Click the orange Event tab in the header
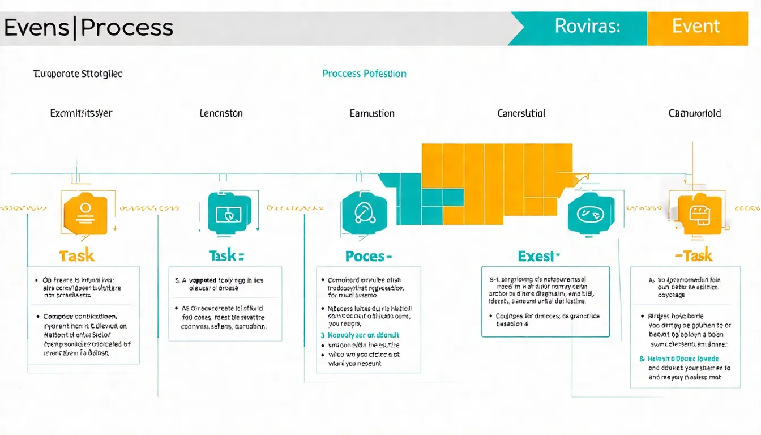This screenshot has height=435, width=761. point(696,27)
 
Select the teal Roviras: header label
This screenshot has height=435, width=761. point(587,27)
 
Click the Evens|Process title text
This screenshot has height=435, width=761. point(88,28)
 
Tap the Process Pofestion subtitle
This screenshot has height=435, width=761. point(364,74)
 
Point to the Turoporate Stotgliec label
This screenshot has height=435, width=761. point(78,74)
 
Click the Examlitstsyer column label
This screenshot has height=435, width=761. point(81,113)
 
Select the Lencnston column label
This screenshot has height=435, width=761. point(221,113)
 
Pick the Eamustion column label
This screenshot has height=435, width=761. point(372,113)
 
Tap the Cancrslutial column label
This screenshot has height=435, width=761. point(521,113)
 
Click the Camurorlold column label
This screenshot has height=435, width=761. point(694,113)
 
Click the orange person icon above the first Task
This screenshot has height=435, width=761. point(85,213)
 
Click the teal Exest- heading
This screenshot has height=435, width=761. point(538,256)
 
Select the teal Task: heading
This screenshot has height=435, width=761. point(226,256)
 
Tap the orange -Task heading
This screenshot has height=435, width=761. point(694,256)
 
